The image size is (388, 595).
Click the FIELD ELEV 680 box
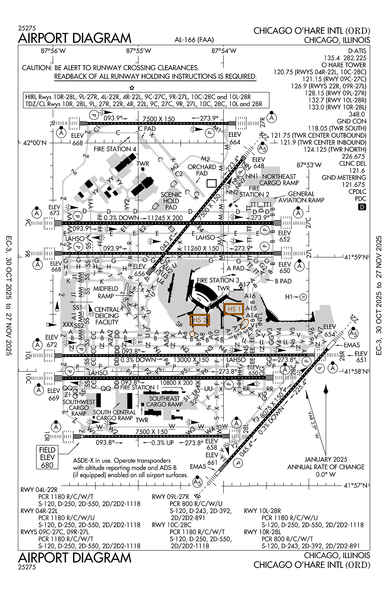point(47,457)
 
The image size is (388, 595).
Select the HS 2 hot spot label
point(200,320)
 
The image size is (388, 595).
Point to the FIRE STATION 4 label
point(115,149)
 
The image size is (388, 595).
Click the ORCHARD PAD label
point(202,170)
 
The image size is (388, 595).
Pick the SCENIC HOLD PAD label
point(171,201)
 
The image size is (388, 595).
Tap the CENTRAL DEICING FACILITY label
point(107,316)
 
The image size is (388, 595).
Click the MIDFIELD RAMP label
point(106,292)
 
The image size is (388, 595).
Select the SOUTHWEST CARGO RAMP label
point(79,407)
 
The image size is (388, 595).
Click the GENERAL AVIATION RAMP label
point(301,197)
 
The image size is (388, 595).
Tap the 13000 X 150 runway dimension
point(192,360)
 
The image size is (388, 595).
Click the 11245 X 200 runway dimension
point(165,218)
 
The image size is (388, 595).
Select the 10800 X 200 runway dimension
point(176,383)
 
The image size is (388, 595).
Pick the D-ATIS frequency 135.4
point(332,58)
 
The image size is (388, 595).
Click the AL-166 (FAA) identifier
point(194,40)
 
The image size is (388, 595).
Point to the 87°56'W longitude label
point(53,51)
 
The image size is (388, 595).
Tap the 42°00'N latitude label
point(35,143)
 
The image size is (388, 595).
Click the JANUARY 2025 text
point(326,459)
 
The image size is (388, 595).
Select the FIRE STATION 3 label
point(218,280)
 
